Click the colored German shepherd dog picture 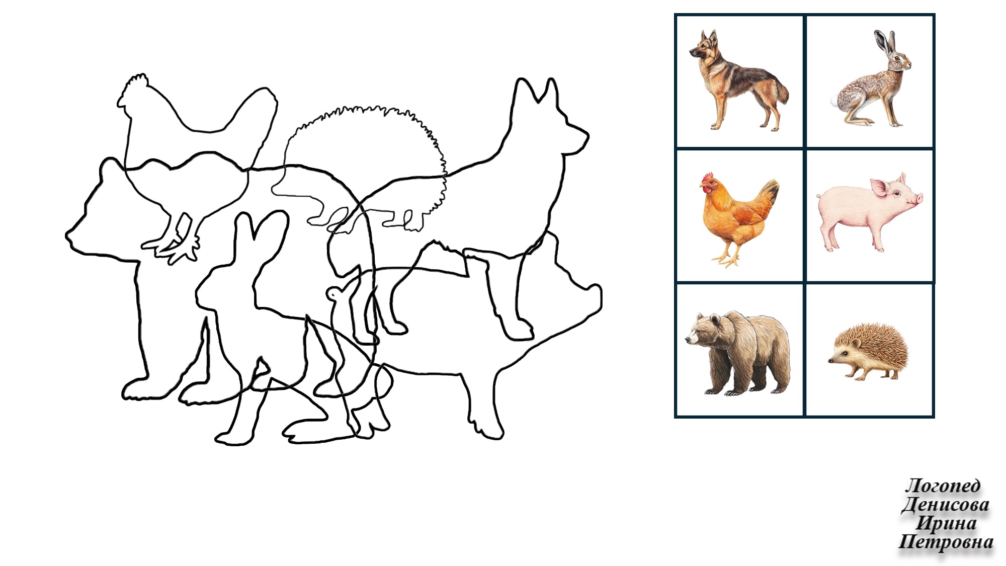[738, 80]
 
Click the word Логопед [943, 486]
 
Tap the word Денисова [945, 505]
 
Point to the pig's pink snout [919, 199]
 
